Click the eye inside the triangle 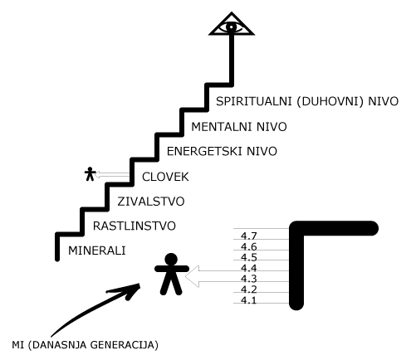pyautogui.click(x=232, y=27)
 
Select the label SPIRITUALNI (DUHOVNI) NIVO pyautogui.click(x=307, y=101)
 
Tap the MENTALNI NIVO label pyautogui.click(x=239, y=127)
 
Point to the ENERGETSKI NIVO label pyautogui.click(x=222, y=152)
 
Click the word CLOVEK pyautogui.click(x=165, y=177)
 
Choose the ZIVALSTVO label pyautogui.click(x=151, y=202)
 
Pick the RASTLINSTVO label pyautogui.click(x=135, y=226)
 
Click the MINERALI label pyautogui.click(x=97, y=251)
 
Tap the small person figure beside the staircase pyautogui.click(x=90, y=174)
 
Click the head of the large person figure pyautogui.click(x=171, y=260)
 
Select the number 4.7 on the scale pyautogui.click(x=249, y=236)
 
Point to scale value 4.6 pyautogui.click(x=249, y=246)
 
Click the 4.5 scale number pyautogui.click(x=249, y=257)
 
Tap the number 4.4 pyautogui.click(x=249, y=268)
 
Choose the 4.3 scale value pyautogui.click(x=249, y=279)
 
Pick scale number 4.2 pyautogui.click(x=249, y=289)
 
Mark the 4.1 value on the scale pyautogui.click(x=249, y=300)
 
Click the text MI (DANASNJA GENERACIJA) pyautogui.click(x=85, y=345)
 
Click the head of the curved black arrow pyautogui.click(x=130, y=290)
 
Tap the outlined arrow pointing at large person pyautogui.click(x=237, y=276)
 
